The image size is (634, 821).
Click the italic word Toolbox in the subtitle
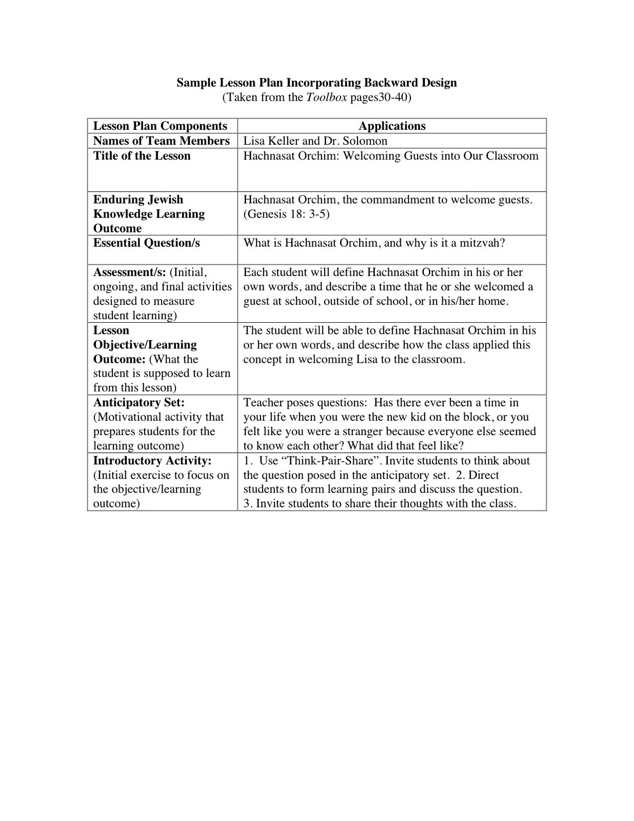tap(326, 97)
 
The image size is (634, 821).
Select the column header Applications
tap(392, 126)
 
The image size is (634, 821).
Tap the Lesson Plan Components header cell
tap(160, 126)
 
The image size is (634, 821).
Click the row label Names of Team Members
tap(161, 141)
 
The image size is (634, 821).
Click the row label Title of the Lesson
tap(142, 156)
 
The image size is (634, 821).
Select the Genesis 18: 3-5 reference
tap(286, 214)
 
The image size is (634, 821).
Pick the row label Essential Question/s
tap(146, 243)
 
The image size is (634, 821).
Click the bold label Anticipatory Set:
tap(138, 403)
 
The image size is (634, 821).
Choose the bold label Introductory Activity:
tap(152, 461)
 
